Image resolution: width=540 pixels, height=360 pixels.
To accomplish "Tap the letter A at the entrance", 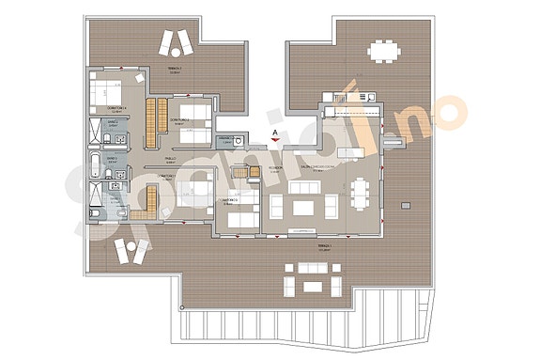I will pos(273,133).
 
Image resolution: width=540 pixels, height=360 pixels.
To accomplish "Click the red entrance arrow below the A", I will pos(273,144).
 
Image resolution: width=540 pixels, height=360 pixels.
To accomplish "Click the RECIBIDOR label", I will pos(275,166).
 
